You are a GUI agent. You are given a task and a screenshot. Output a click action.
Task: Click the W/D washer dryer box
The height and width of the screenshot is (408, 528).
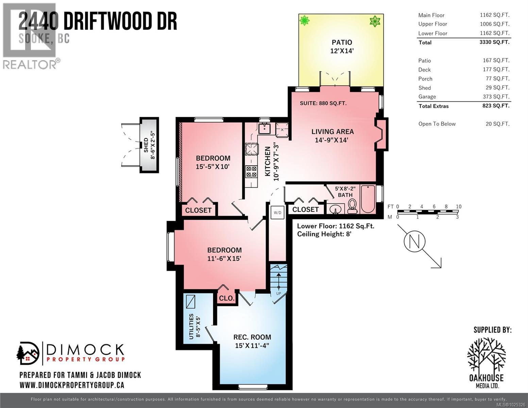click(277, 213)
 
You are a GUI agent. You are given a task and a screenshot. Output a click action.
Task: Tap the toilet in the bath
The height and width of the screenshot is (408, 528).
click(352, 206)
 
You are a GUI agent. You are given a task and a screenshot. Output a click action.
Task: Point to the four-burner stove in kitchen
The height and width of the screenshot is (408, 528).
click(251, 171)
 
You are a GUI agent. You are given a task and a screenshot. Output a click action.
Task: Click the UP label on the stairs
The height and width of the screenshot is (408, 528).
click(278, 293)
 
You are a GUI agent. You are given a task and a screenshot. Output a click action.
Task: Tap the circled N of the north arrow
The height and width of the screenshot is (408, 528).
click(414, 241)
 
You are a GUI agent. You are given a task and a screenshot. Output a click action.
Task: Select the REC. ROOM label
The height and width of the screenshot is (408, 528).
click(252, 337)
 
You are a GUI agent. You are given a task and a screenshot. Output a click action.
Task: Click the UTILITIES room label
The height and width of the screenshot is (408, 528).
click(191, 326)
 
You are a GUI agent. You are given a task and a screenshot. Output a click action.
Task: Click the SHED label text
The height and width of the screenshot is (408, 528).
click(146, 145)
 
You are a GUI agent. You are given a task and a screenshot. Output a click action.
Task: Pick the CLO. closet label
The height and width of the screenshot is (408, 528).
click(226, 298)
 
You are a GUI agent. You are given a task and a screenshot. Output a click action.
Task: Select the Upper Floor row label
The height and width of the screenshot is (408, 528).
click(432, 24)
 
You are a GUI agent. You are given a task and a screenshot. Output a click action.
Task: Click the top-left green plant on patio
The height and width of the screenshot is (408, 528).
click(305, 21)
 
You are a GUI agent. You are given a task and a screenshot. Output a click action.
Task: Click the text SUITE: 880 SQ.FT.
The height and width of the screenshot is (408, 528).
click(323, 103)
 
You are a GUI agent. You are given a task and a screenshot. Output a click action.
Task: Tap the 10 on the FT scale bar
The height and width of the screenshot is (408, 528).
click(458, 206)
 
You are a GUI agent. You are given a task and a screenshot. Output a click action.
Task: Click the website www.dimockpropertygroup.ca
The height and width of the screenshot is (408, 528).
click(72, 385)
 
